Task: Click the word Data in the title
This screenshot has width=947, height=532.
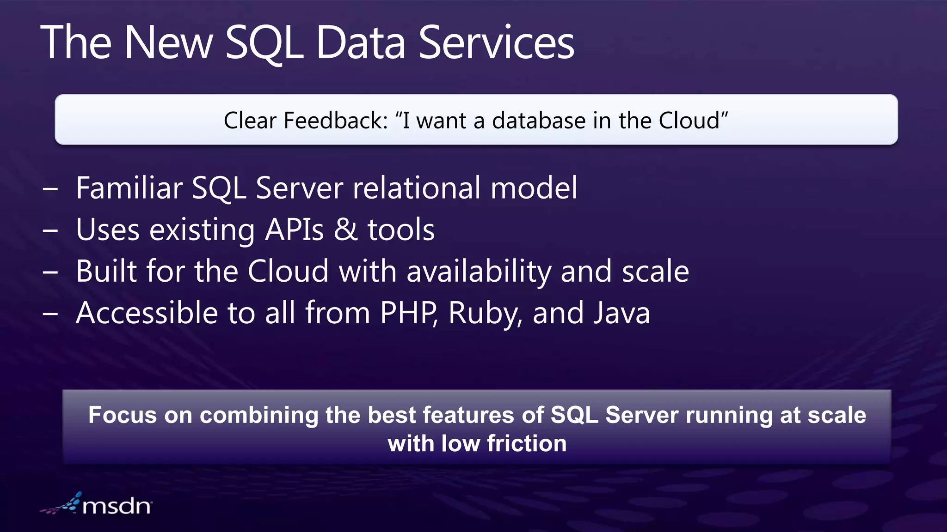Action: tap(361, 42)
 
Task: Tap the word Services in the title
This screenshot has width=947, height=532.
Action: tap(496, 42)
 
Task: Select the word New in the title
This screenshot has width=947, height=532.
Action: tap(168, 42)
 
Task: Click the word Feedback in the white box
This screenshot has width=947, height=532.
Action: tap(335, 121)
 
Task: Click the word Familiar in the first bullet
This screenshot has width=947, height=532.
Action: tap(129, 188)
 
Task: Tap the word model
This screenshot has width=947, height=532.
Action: tap(534, 188)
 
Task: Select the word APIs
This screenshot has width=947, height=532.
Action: tap(295, 230)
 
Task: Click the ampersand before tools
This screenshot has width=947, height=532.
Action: tap(346, 230)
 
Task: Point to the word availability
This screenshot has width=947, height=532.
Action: tap(479, 272)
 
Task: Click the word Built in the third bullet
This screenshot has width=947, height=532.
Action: tap(106, 271)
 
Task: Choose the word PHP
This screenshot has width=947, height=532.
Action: tap(408, 313)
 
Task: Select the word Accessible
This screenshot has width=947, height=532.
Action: tap(147, 313)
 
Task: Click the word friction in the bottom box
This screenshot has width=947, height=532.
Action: tap(527, 444)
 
